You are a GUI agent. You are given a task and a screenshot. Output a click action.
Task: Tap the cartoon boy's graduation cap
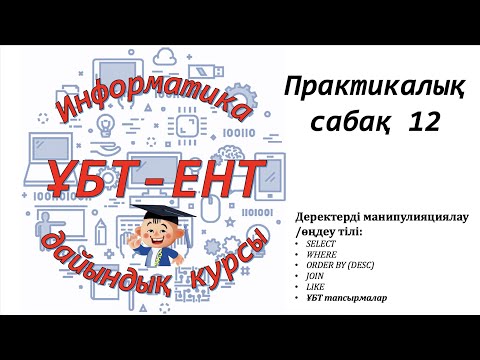point(160,213)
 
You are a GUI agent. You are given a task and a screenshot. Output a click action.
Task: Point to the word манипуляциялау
point(414,218)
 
